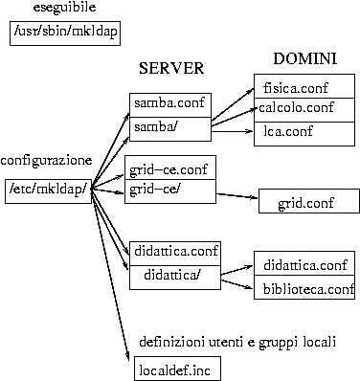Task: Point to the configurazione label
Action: click(x=47, y=160)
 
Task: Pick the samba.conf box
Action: click(x=169, y=103)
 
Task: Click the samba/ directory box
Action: click(x=169, y=126)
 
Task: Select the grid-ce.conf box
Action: click(x=169, y=170)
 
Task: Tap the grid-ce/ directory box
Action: click(x=169, y=191)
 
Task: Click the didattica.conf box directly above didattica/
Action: click(x=175, y=251)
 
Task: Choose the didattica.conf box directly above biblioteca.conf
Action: click(x=305, y=264)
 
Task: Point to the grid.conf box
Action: click(x=307, y=203)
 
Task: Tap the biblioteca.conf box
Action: click(x=305, y=288)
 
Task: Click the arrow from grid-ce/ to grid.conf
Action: click(x=236, y=197)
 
